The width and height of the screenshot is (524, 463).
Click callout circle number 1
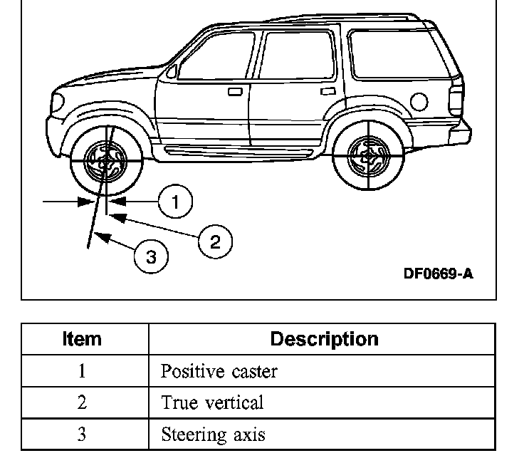point(174,202)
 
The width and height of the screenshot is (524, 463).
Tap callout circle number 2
point(215,241)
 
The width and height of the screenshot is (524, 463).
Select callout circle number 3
point(151,256)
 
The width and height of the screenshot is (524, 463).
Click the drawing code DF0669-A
point(438,274)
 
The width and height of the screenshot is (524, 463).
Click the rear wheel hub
point(369,155)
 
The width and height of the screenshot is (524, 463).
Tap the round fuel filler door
point(419,103)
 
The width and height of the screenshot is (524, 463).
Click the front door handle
point(235,91)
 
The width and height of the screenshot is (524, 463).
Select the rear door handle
point(328,90)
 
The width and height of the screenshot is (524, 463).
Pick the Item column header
point(83,339)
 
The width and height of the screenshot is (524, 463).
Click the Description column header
point(324,339)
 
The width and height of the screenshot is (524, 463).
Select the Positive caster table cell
point(219,372)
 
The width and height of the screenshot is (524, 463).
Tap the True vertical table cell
point(212,402)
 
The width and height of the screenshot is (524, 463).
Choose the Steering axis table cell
point(213,434)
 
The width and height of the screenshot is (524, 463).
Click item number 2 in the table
point(82,402)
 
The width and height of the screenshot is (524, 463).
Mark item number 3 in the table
point(82,434)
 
